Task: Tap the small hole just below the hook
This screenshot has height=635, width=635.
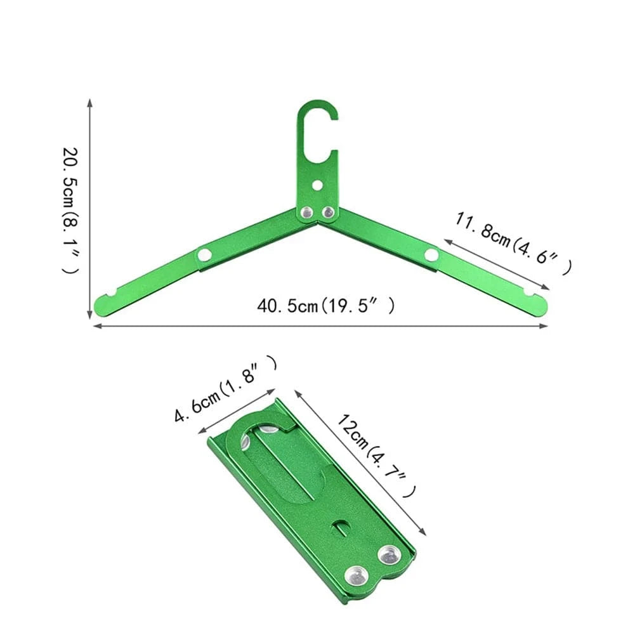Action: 317,185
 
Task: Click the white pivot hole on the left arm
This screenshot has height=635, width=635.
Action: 204,255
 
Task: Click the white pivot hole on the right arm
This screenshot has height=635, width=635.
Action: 431,255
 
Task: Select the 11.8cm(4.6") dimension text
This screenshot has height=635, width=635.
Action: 514,244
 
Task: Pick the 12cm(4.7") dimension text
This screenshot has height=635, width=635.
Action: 377,454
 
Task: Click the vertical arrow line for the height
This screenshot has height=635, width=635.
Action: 90,209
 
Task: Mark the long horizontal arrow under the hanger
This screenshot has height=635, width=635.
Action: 320,326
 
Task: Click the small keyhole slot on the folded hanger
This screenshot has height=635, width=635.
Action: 341,526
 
